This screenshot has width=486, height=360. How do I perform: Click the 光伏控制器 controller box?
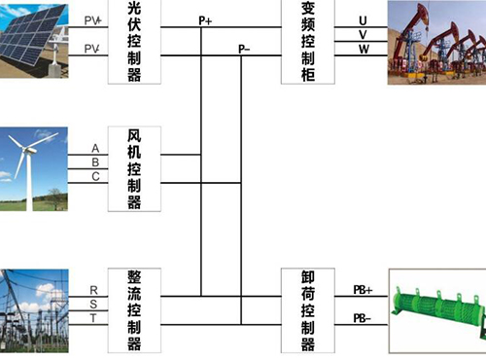tap(134, 42)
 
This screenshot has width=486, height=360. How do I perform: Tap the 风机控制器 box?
tap(134, 168)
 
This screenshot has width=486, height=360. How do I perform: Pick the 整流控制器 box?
tap(134, 309)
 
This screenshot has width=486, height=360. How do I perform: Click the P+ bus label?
tap(205, 20)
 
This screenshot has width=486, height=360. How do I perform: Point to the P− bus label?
tap(246, 48)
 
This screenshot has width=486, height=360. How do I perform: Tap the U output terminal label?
tap(363, 20)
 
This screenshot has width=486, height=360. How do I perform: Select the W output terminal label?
tap(363, 49)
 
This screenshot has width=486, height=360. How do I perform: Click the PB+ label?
tap(363, 289)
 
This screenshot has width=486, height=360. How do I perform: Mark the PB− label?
tap(363, 317)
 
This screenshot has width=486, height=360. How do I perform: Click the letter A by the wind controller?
tap(95, 148)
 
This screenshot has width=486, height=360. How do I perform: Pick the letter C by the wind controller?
tap(95, 176)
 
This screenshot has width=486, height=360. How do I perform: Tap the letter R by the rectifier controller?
tap(93, 290)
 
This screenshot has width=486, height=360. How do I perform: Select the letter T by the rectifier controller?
tap(93, 318)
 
